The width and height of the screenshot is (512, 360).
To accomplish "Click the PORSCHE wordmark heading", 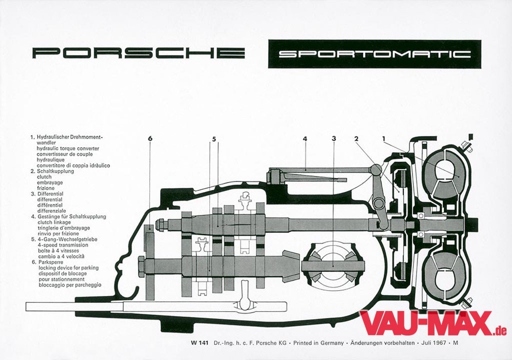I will (x=138, y=53).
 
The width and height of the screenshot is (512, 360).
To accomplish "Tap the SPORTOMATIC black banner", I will (x=374, y=54).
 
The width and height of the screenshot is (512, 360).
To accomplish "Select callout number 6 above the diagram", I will (x=150, y=138).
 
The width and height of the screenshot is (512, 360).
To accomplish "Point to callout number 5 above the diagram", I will (x=214, y=138).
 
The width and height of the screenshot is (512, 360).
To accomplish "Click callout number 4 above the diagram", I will (x=304, y=138).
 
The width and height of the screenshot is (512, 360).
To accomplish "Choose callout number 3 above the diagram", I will (x=333, y=138).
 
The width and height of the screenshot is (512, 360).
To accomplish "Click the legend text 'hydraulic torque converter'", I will (x=67, y=148).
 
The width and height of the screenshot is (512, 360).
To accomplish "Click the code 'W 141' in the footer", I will (x=199, y=343).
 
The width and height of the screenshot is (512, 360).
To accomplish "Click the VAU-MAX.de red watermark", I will (x=433, y=324).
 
